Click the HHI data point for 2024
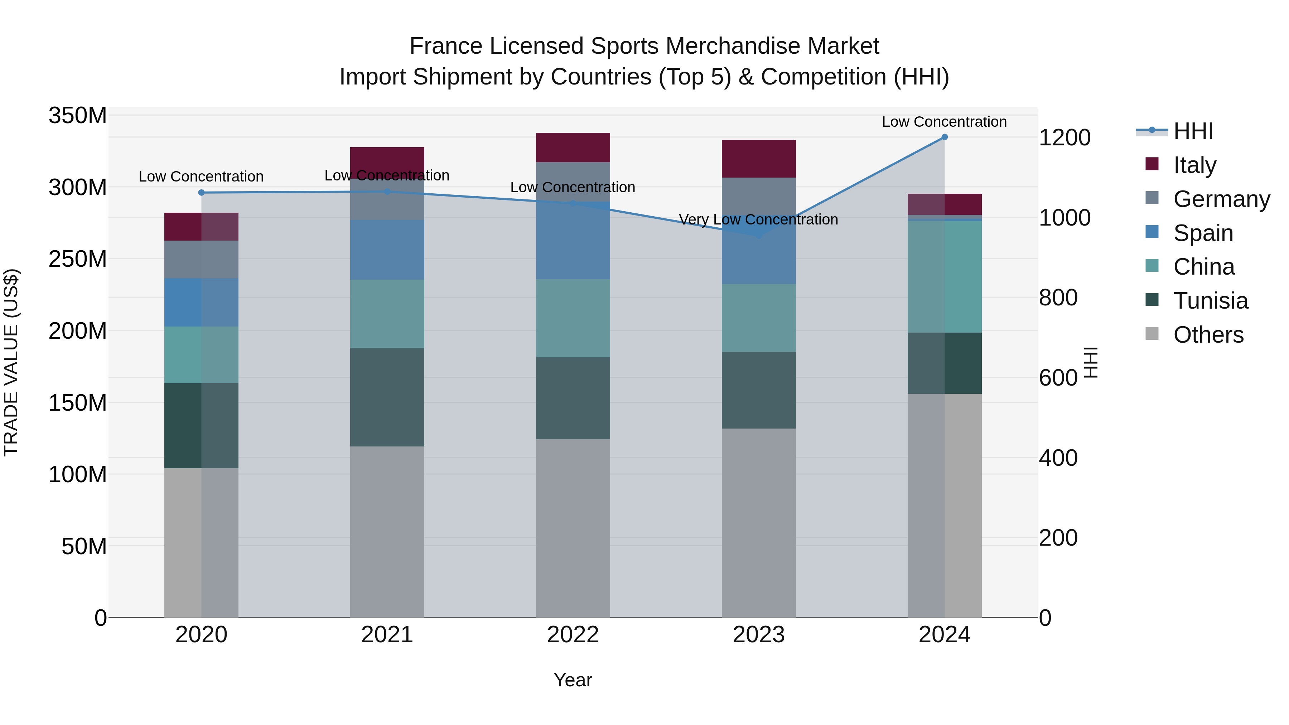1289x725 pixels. coord(944,137)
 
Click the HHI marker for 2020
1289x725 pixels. coord(201,193)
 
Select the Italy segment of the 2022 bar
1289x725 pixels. coord(573,148)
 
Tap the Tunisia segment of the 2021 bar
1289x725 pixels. coord(387,397)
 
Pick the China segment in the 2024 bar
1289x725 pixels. coord(944,277)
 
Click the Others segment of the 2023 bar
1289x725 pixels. coord(759,523)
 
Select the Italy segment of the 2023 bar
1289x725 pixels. coord(759,159)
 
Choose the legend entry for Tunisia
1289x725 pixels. coord(1211,301)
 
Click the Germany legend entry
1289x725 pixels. coord(1221,199)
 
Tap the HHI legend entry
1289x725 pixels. coord(1193,131)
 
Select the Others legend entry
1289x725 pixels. coord(1208,335)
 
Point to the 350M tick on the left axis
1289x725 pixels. coord(78,116)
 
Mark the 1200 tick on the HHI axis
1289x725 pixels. coord(1065,137)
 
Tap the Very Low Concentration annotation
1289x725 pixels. coord(758,220)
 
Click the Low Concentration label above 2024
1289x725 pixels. coord(944,122)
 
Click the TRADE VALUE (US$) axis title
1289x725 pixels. coord(11,362)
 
